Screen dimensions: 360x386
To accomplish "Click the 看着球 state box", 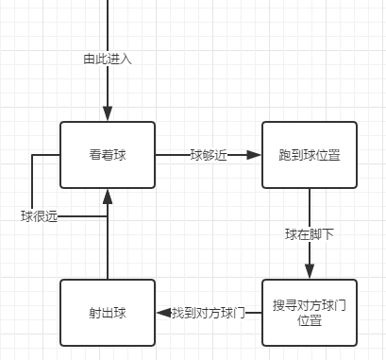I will point(108,155).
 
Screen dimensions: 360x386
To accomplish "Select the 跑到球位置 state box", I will point(309,155).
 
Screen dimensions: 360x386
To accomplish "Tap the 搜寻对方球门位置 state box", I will point(309,312).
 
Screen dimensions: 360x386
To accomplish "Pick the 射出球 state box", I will point(108,312).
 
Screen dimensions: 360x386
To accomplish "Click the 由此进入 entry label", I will point(108,59).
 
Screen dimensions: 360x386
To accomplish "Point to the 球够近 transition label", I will point(209,156).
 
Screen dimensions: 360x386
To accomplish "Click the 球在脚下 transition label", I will point(309,234).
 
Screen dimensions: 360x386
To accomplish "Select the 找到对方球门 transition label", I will point(209,313).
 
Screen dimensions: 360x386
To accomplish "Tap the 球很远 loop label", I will point(40,216).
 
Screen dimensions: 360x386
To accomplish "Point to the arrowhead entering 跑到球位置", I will point(254,156).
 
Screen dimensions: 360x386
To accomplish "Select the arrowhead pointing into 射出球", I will point(162,313).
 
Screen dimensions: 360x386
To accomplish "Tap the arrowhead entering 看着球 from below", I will point(108,197).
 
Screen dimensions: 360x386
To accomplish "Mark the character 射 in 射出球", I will point(94,312).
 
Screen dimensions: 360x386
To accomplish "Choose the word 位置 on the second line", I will point(309,320).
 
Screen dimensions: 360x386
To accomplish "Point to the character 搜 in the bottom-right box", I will point(278,305).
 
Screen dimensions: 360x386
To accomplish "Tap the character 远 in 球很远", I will point(52,216).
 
